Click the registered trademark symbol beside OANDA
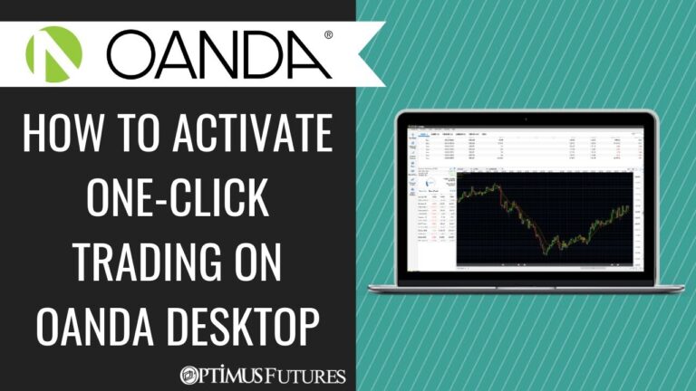point(327,36)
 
